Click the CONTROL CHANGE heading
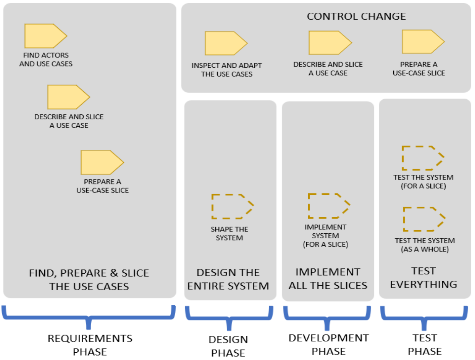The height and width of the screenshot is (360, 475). click(x=356, y=17)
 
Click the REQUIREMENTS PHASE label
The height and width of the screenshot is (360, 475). click(x=90, y=345)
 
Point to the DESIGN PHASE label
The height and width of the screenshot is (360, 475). click(x=228, y=346)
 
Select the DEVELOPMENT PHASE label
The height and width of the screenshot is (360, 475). click(x=328, y=345)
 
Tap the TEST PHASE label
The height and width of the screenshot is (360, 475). click(x=425, y=345)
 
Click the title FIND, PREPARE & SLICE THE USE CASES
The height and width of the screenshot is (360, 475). click(x=89, y=280)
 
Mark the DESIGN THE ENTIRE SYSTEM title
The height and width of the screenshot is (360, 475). click(x=228, y=279)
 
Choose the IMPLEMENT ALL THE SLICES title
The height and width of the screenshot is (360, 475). click(x=328, y=278)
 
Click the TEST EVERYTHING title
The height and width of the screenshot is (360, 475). click(x=424, y=278)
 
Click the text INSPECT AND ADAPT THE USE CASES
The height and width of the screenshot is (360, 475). click(x=227, y=70)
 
